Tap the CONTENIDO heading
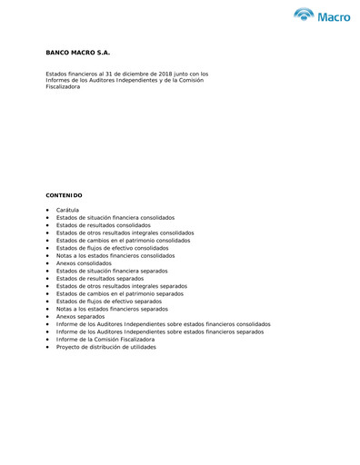click(x=64, y=195)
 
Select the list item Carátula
click(x=67, y=210)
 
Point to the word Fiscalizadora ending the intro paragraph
click(x=65, y=86)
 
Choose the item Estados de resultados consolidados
click(x=104, y=225)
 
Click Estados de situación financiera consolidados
click(x=115, y=218)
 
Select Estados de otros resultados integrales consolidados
click(x=125, y=232)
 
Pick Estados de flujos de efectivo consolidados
click(x=112, y=248)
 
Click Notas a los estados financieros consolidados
click(x=115, y=255)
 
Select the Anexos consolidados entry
click(x=84, y=263)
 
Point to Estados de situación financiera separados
click(x=112, y=271)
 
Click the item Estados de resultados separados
click(x=100, y=278)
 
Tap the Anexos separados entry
click(x=80, y=316)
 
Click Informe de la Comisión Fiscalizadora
click(x=105, y=339)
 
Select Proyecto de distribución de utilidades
click(x=105, y=347)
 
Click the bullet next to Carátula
click(x=47, y=211)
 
